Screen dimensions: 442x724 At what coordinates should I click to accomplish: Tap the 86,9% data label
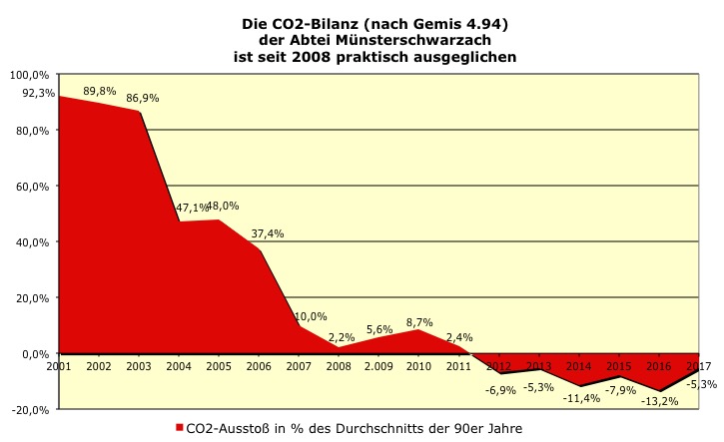tap(142, 98)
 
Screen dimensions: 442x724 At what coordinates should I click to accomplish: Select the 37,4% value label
tap(267, 233)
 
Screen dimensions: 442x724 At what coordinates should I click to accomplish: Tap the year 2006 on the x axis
tap(259, 367)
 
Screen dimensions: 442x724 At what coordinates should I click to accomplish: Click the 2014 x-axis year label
tap(577, 367)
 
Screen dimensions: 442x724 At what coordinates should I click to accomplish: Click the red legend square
tap(179, 429)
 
